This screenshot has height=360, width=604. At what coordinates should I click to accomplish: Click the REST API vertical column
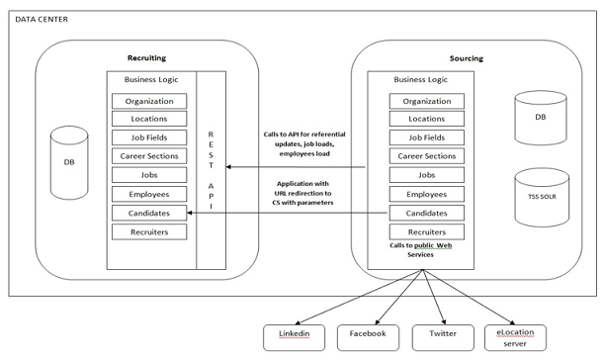pos(210,168)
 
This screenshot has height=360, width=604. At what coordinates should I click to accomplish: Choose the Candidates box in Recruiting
pos(149,214)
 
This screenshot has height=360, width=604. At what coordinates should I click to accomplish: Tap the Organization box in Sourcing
pos(427,100)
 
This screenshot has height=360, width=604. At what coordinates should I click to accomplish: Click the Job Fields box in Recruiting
pos(149,138)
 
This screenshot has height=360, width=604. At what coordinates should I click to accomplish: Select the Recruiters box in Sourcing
pos(427,232)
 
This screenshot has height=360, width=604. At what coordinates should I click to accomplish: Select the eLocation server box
pos(516,336)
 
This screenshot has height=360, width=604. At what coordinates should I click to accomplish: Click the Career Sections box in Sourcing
pos(427,157)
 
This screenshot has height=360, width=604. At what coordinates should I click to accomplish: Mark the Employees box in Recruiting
pos(149,195)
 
